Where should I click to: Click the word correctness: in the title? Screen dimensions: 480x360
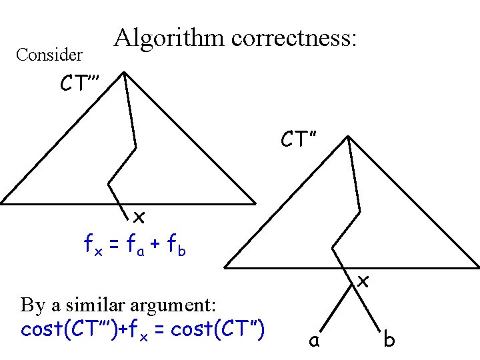[295, 38]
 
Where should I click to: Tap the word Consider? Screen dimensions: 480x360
[49, 55]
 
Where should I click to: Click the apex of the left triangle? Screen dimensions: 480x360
[125, 73]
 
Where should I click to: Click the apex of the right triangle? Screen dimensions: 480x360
[348, 137]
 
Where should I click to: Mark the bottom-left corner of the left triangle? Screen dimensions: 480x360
[2, 202]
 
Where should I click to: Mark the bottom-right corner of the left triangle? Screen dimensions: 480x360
[255, 202]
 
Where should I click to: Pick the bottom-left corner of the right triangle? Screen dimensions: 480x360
[225, 267]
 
